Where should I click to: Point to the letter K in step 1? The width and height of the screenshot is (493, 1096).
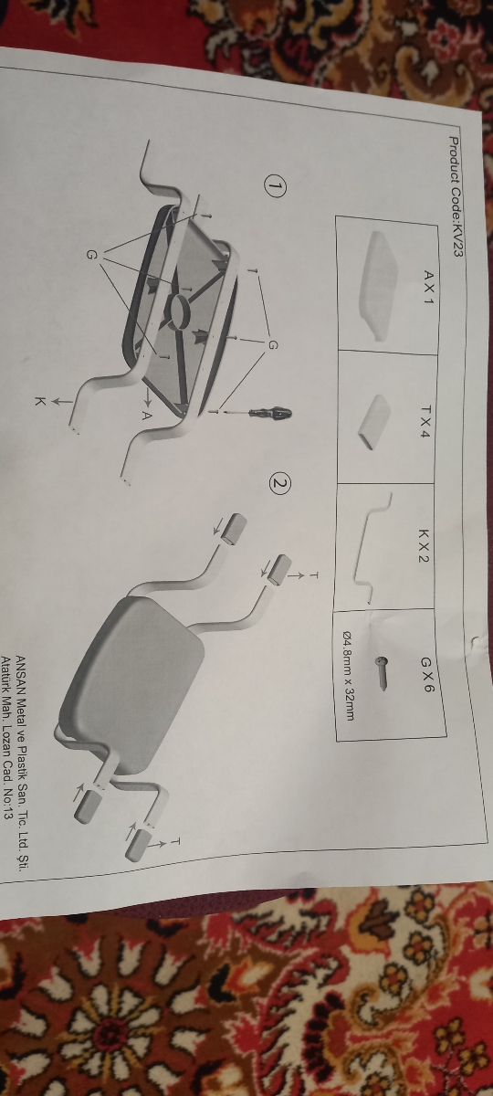tap(40, 402)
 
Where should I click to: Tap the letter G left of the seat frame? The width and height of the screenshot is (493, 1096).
tap(91, 255)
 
